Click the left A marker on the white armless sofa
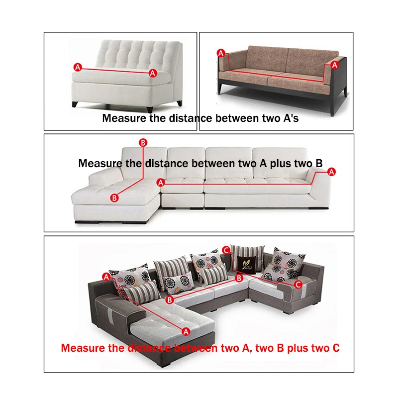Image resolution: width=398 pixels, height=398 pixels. pyautogui.click(x=77, y=66)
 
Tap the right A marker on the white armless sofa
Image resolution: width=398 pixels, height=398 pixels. pyautogui.click(x=153, y=73)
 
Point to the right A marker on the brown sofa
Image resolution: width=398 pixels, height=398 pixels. pyautogui.click(x=335, y=65)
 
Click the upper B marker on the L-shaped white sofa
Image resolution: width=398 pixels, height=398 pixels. pyautogui.click(x=143, y=143)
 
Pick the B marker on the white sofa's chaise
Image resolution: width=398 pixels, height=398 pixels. pyautogui.click(x=114, y=198)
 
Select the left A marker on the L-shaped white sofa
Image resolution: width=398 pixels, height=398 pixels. pyautogui.click(x=160, y=183)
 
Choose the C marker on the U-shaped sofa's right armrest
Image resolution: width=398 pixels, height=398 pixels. pyautogui.click(x=298, y=285)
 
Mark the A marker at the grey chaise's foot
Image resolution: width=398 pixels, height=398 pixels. pyautogui.click(x=186, y=331)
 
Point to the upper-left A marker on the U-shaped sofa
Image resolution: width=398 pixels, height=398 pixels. pyautogui.click(x=106, y=276)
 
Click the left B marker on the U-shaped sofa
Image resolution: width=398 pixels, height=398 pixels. pyautogui.click(x=169, y=300)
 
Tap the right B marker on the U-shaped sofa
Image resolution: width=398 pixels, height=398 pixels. pyautogui.click(x=239, y=278)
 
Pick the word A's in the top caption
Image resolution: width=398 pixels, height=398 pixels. pyautogui.click(x=288, y=118)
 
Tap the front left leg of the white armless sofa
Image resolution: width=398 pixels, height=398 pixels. pyautogui.click(x=75, y=104)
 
